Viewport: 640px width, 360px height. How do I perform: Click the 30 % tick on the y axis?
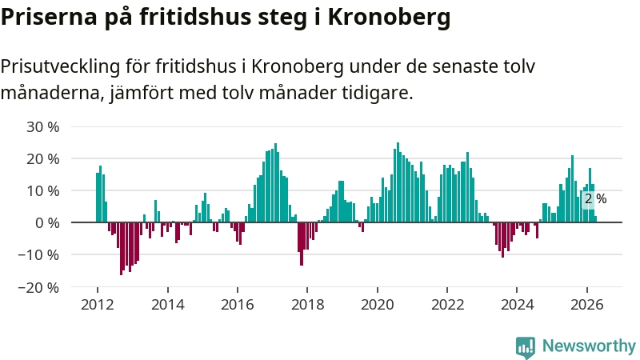click(x=43, y=127)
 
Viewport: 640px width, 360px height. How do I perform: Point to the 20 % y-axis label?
click(x=43, y=158)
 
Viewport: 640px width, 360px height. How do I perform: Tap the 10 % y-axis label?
click(x=43, y=191)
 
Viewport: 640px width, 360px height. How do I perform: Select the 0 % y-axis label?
click(x=47, y=223)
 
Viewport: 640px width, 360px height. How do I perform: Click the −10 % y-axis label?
click(x=38, y=255)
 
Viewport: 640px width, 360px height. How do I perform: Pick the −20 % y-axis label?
click(x=38, y=287)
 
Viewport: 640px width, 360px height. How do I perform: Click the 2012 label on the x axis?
click(x=97, y=305)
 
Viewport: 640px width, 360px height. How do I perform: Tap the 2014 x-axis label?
click(x=167, y=305)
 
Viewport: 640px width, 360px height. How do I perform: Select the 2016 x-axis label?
click(x=237, y=305)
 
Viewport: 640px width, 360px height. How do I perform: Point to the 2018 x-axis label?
click(x=307, y=305)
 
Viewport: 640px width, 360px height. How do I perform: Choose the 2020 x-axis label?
click(x=377, y=305)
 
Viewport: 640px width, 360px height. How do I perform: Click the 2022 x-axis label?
click(x=447, y=305)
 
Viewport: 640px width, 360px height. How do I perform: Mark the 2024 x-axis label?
click(x=517, y=305)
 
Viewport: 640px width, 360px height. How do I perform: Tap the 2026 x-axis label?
click(x=587, y=305)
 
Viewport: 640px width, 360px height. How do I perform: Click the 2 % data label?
click(x=595, y=198)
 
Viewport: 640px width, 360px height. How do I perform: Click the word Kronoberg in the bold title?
click(x=390, y=17)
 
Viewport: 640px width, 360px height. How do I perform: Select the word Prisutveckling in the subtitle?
click(x=60, y=66)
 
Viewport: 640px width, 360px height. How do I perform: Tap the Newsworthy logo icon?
click(x=526, y=347)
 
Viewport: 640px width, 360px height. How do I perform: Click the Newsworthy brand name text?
click(x=589, y=346)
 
